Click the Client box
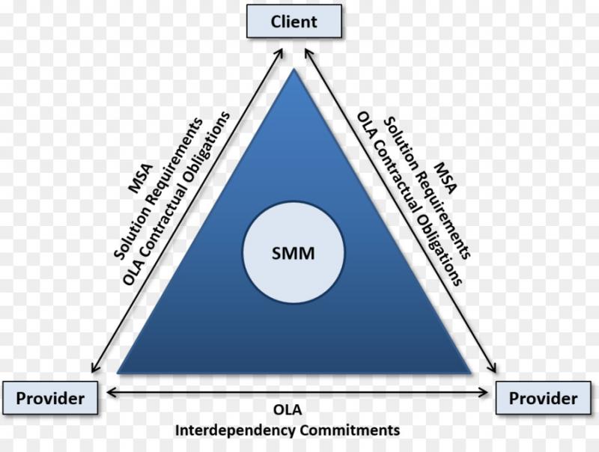point(294,22)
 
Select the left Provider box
point(50,398)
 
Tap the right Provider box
point(544,398)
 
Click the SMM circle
point(294,253)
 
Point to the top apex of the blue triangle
point(294,69)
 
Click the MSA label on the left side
point(140,179)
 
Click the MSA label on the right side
point(446,178)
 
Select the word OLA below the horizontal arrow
point(288,409)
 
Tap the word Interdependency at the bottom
point(235,430)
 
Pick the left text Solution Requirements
point(159,189)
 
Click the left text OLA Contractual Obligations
point(176,198)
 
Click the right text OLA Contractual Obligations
point(410,198)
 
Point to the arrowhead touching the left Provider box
point(112,392)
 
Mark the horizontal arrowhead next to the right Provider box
point(484,392)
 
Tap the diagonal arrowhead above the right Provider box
point(492,367)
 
